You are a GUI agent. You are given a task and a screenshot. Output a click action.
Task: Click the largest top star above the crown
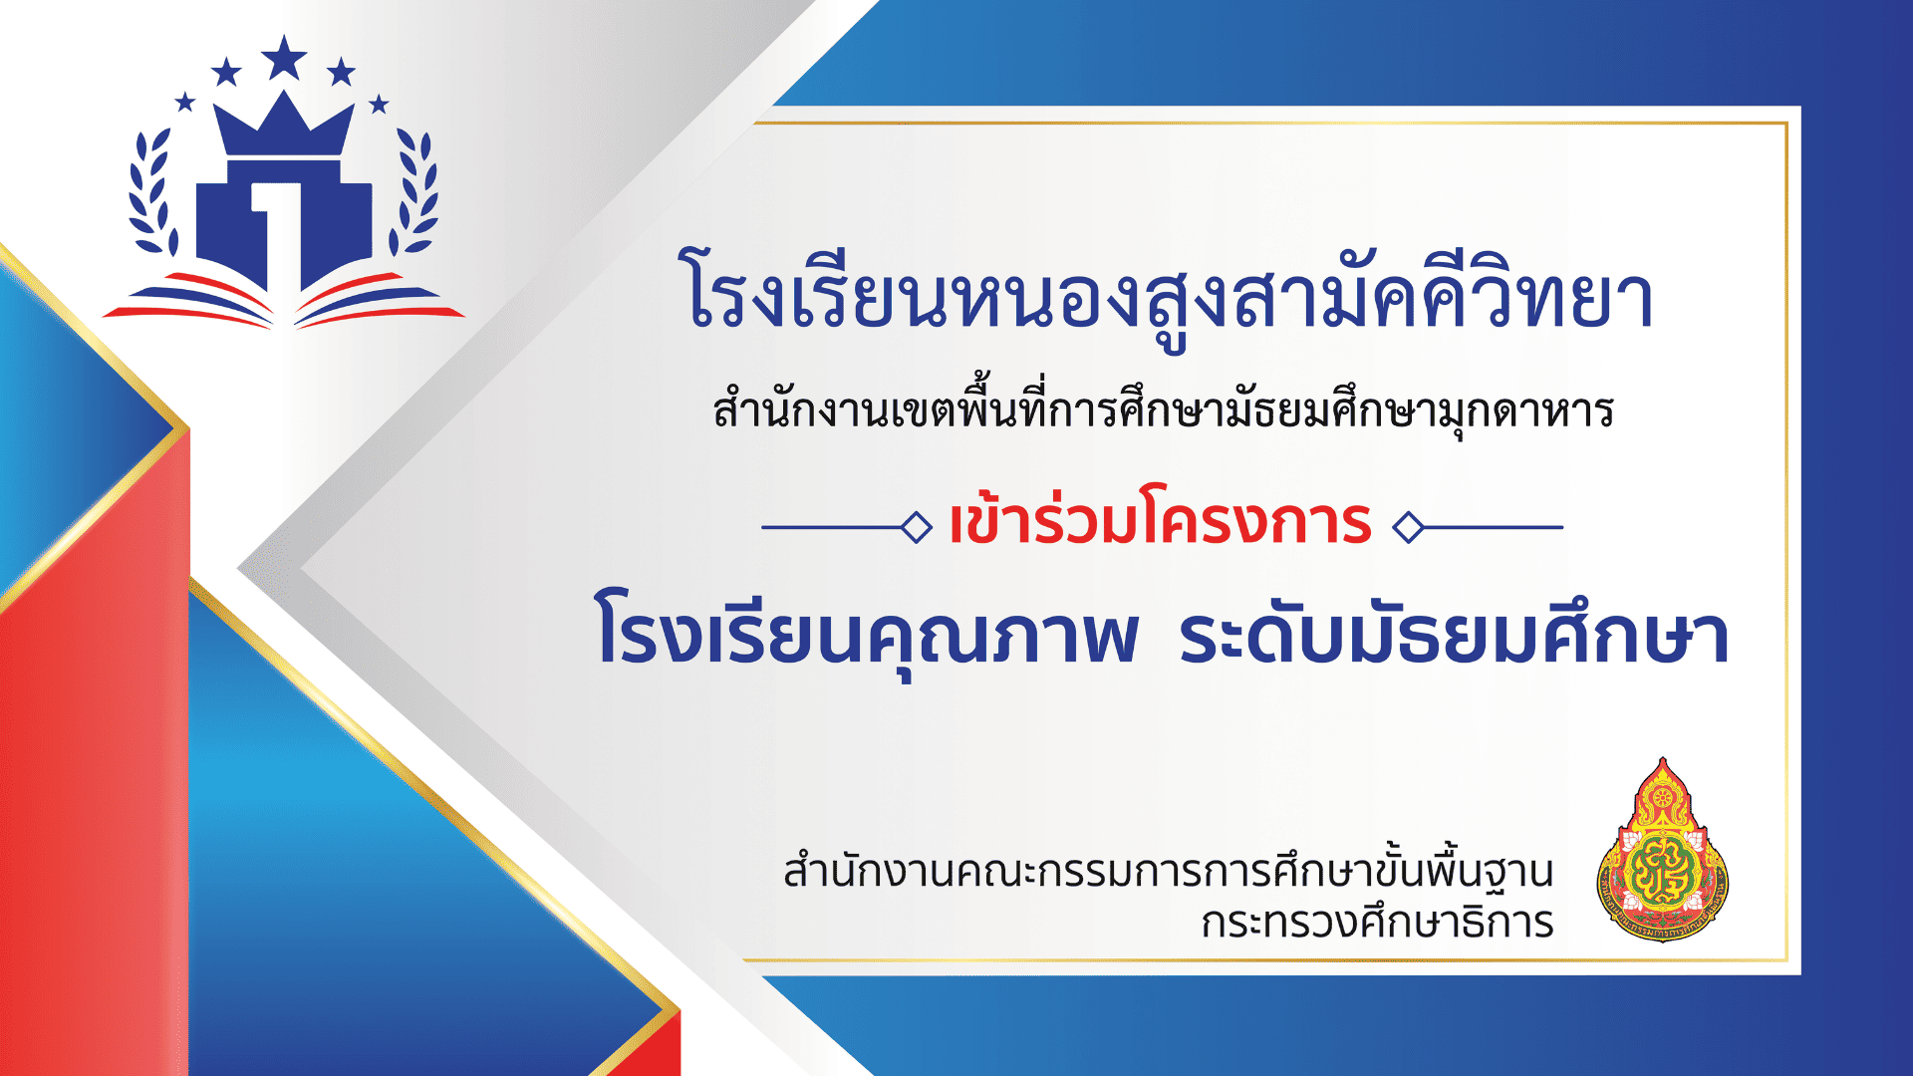(284, 58)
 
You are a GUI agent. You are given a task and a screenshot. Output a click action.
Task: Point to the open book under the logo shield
(284, 300)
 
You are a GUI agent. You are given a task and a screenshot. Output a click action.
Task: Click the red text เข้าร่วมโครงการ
(1161, 519)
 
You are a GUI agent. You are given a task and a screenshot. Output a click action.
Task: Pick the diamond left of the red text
(916, 527)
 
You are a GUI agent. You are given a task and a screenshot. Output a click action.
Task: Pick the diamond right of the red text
(1408, 527)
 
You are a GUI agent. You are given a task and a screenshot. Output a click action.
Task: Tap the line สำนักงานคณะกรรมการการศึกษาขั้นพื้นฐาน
(1168, 871)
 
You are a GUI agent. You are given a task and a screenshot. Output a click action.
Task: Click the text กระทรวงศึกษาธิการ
(1377, 923)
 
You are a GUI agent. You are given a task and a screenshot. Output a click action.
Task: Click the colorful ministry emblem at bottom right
(1662, 853)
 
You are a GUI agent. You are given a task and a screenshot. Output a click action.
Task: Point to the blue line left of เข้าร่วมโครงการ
(831, 527)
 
